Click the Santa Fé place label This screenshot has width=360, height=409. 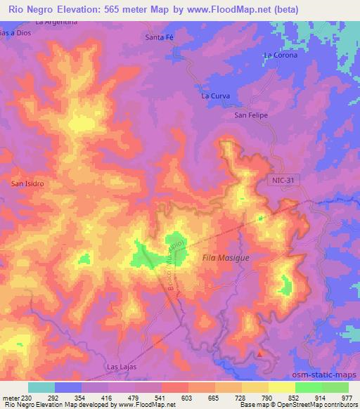tap(158, 37)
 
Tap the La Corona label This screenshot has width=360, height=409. tap(280, 55)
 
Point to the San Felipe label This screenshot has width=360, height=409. tap(251, 115)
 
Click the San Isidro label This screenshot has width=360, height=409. tap(28, 183)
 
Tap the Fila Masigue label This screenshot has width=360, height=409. tap(226, 258)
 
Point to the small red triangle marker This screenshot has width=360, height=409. tap(262, 354)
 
